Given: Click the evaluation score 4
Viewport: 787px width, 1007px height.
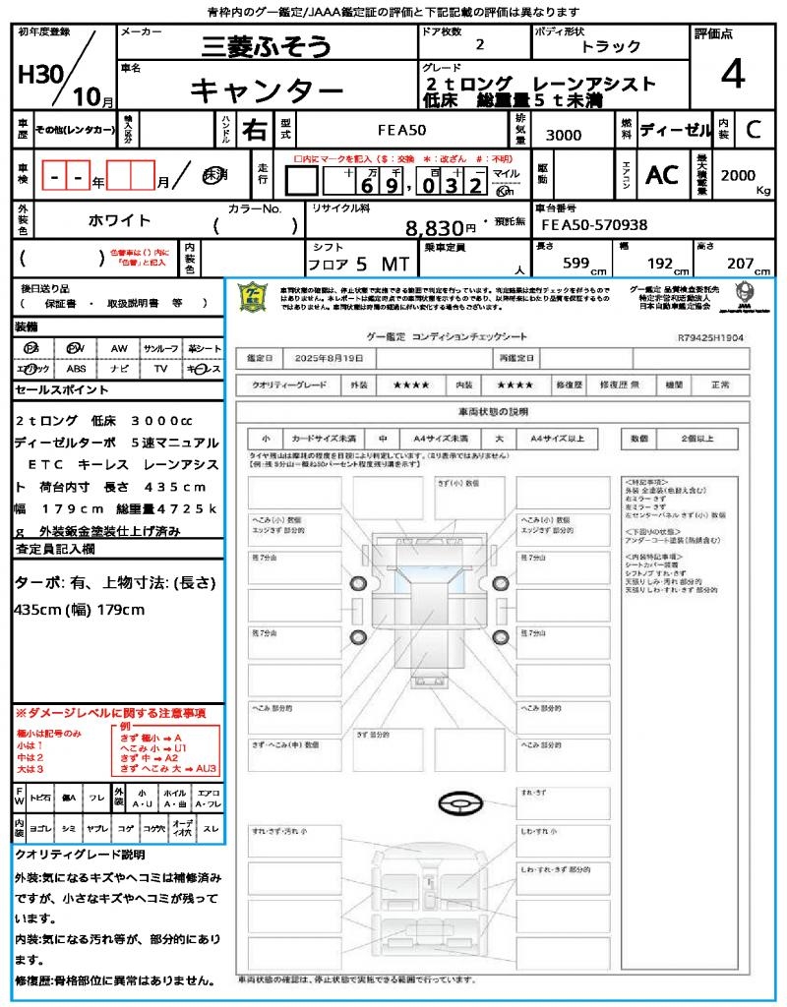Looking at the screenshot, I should click(x=731, y=75).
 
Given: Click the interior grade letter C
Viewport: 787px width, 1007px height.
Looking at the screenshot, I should click(x=753, y=129).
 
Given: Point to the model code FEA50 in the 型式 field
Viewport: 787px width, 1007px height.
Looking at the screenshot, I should click(x=402, y=130).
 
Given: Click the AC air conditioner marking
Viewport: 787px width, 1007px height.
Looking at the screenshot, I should click(x=662, y=174).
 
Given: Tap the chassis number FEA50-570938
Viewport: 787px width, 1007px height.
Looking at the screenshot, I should click(x=595, y=225).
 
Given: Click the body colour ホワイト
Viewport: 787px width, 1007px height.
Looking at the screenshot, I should click(x=121, y=220).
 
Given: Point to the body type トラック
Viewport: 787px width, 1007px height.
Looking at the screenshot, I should click(x=611, y=46).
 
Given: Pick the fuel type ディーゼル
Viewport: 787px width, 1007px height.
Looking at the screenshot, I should click(x=675, y=129).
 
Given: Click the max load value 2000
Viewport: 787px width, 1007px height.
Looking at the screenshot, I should click(x=738, y=175).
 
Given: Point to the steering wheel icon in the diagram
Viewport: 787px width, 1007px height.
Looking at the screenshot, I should click(x=458, y=805).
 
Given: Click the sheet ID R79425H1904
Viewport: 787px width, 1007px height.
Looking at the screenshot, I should click(x=710, y=337).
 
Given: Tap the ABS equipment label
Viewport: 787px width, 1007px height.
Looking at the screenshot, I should click(x=76, y=369).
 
